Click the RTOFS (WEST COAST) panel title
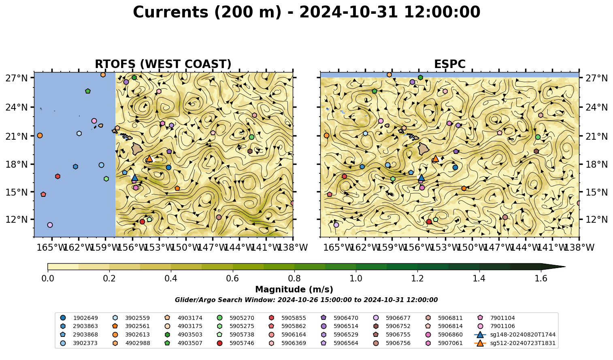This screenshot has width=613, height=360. pyautogui.click(x=163, y=64)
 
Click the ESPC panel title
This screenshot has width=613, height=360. pyautogui.click(x=449, y=64)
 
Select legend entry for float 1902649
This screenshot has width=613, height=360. pyautogui.click(x=79, y=318)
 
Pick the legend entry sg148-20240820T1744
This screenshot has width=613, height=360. pyautogui.click(x=515, y=334)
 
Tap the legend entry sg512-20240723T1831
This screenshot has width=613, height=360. pyautogui.click(x=515, y=343)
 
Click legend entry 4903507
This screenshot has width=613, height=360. pyautogui.click(x=183, y=343)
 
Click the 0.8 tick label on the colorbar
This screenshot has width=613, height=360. pyautogui.click(x=294, y=279)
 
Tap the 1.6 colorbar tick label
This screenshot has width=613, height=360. pyautogui.click(x=541, y=279)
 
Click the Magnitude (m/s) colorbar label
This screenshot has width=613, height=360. pyautogui.click(x=294, y=290)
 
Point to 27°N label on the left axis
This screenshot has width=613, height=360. pyautogui.click(x=17, y=78)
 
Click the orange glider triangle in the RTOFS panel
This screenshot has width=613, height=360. pyautogui.click(x=149, y=158)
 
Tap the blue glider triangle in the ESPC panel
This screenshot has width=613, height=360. pyautogui.click(x=421, y=177)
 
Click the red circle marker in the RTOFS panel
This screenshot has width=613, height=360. pyautogui.click(x=142, y=222)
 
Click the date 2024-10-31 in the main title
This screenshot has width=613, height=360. pyautogui.click(x=349, y=12)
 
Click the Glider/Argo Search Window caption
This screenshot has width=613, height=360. pyautogui.click(x=306, y=300)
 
